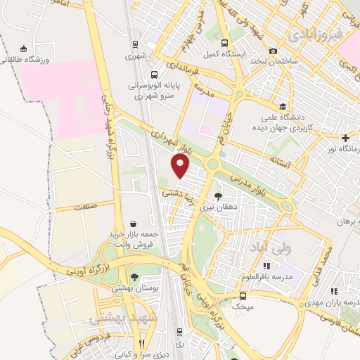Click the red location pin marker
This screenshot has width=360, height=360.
click(181, 167)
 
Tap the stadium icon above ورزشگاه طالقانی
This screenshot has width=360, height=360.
click(25, 49)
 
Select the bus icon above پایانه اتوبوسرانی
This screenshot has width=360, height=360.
click(154, 74)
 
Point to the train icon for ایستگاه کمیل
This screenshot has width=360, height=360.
click(224, 42)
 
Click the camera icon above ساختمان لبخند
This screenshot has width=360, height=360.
click(274, 51)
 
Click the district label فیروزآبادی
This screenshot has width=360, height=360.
click(316, 33)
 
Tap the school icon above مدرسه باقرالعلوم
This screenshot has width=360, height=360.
click(266, 266)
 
